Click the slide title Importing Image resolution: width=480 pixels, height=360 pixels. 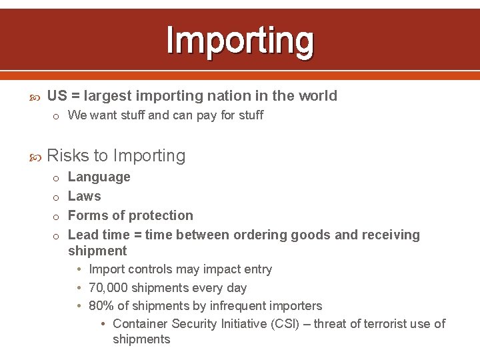(x=240, y=40)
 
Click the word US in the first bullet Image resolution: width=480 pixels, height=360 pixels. (x=57, y=96)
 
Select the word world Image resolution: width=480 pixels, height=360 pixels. (x=317, y=96)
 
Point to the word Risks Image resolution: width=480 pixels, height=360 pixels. (x=68, y=156)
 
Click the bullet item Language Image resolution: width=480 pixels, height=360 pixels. (x=99, y=177)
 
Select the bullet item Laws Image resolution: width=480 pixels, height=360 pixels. (x=85, y=197)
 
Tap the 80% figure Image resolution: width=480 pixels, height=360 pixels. (x=100, y=306)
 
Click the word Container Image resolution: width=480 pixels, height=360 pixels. (x=140, y=324)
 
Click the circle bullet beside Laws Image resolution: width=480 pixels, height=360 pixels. (x=57, y=197)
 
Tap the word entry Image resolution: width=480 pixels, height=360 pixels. (x=257, y=269)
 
